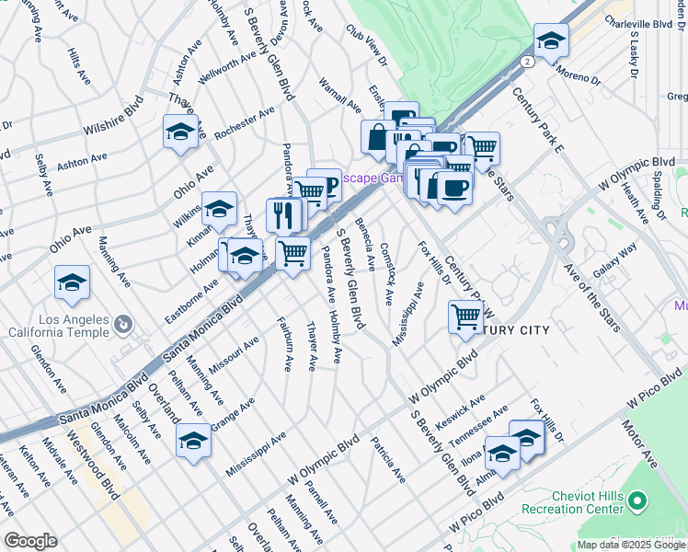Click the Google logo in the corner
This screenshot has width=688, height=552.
click(30, 541)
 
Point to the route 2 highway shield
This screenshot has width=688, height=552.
click(526, 61)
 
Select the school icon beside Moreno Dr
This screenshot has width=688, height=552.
click(551, 41)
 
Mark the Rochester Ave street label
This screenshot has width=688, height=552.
click(245, 123)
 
